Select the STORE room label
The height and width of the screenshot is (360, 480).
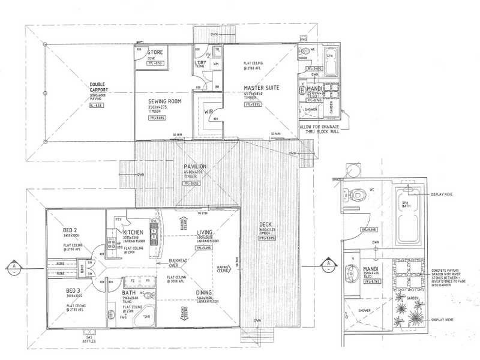click(155, 52)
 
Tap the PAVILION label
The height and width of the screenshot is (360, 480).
click(195, 166)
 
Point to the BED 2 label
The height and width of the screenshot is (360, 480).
click(70, 230)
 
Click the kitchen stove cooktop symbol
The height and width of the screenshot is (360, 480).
click(111, 244)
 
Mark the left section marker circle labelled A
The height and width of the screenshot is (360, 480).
click(13, 265)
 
